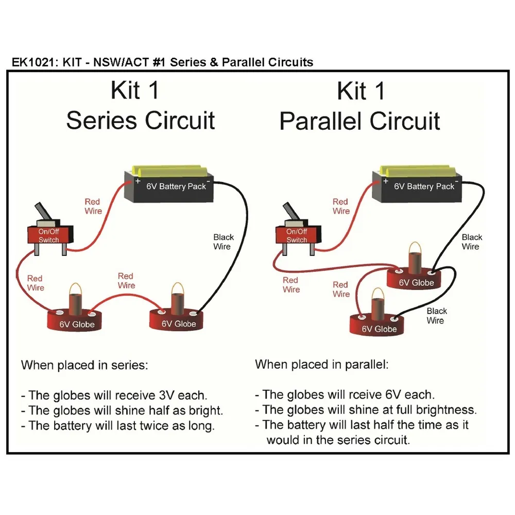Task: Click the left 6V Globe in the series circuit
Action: click(x=76, y=319)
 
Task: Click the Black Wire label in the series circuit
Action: click(x=224, y=242)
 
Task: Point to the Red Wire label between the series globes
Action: click(x=126, y=281)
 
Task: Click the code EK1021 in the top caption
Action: click(x=33, y=62)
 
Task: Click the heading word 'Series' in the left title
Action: click(x=102, y=121)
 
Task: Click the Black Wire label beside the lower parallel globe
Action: click(x=436, y=316)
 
